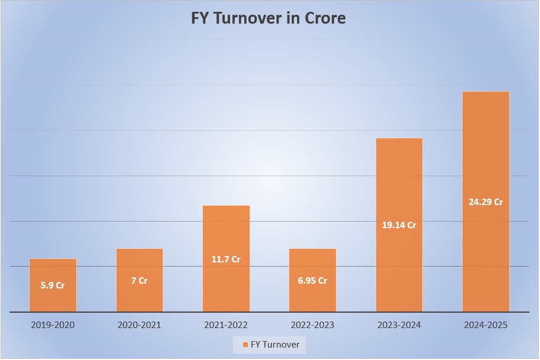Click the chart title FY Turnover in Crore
coord(269,18)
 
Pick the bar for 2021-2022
coord(226,236)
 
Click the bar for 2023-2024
coord(399,189)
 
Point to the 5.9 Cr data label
coord(53,286)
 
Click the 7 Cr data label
coord(139,281)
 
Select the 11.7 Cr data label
coord(226,259)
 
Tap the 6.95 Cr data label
coord(312,281)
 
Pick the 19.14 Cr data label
coord(399,225)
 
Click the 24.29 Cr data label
coord(486,202)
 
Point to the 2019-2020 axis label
coord(53,325)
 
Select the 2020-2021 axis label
coord(139,325)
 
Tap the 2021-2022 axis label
coord(226,325)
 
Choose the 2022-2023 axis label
coord(312,325)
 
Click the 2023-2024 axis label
coord(399,325)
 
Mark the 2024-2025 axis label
coord(486,325)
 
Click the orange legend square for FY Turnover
coord(244,345)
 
